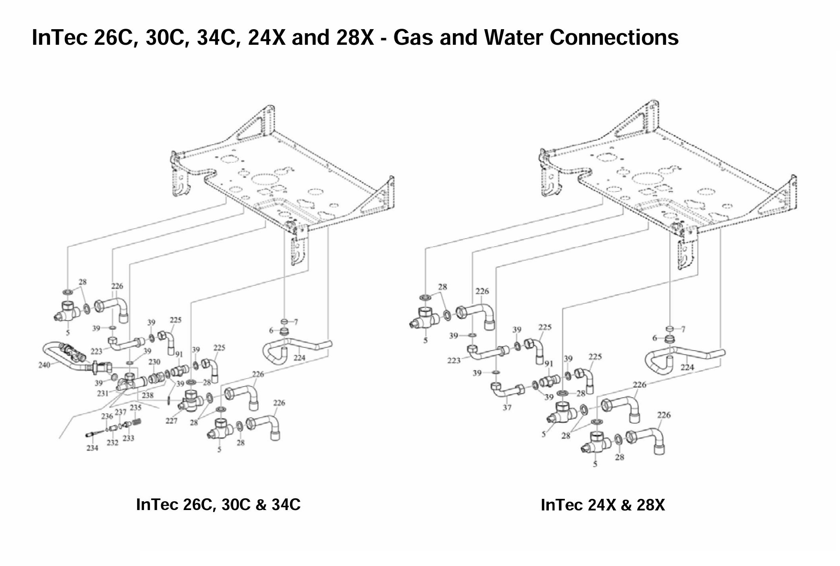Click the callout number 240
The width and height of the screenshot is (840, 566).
click(44, 365)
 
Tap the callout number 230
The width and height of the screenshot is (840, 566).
click(154, 362)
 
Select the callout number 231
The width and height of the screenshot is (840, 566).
click(103, 393)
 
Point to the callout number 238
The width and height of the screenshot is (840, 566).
click(148, 395)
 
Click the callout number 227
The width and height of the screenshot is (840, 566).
click(171, 421)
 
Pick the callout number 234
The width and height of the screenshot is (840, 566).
click(92, 448)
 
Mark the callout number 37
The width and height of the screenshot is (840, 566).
click(507, 408)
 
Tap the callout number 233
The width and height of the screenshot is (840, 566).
click(128, 438)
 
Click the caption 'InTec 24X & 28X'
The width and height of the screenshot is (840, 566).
click(602, 505)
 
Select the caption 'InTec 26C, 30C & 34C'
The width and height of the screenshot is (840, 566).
click(218, 504)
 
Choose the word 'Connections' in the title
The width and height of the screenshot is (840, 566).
click(614, 37)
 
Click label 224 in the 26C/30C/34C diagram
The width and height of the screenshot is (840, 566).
click(299, 358)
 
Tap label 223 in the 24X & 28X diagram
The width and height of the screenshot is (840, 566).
click(454, 361)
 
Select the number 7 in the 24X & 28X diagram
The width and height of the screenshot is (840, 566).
click(683, 329)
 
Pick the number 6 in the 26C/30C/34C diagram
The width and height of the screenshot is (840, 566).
click(271, 331)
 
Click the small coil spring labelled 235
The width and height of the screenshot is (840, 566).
click(137, 422)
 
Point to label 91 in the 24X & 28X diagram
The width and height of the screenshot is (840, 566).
click(548, 363)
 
